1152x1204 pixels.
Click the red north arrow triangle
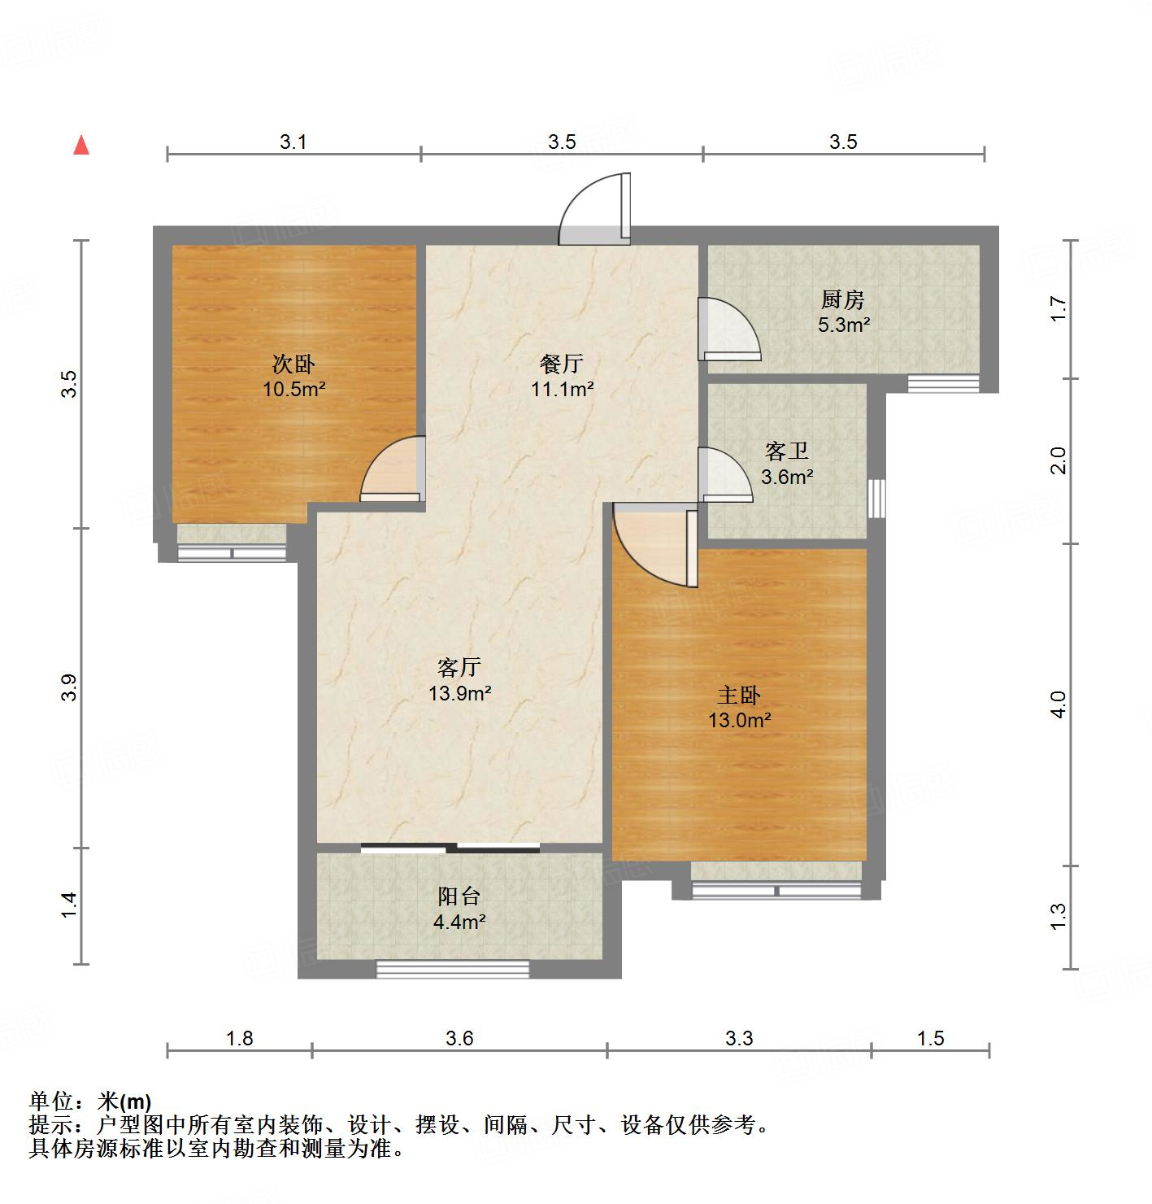(x=81, y=145)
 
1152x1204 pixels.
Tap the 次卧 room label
(x=293, y=364)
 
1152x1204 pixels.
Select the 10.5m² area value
(x=293, y=389)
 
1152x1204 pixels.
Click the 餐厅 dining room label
(x=562, y=364)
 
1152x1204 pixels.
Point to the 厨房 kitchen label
(x=843, y=300)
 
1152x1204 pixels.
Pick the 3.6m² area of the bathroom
(x=787, y=477)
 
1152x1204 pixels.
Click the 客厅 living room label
(x=459, y=668)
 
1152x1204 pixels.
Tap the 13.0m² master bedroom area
(x=739, y=720)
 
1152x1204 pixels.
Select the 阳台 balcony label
(x=459, y=896)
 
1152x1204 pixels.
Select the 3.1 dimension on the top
(x=293, y=142)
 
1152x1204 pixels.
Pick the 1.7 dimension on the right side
(x=1058, y=308)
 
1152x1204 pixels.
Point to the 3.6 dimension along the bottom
(x=459, y=1038)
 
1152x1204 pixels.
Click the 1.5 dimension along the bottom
(x=931, y=1038)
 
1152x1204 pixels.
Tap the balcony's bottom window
(x=452, y=969)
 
